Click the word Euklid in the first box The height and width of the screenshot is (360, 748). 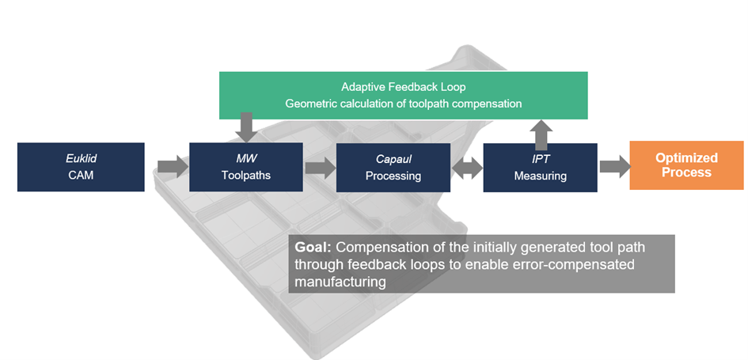coord(81,158)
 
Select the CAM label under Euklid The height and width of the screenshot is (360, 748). coord(81,175)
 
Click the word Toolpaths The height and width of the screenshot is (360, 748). coord(245,175)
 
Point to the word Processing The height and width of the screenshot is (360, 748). coord(393,176)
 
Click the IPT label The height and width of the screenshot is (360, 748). coord(541,159)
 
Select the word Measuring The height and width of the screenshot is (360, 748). coord(541,176)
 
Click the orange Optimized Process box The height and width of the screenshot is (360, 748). coord(686,165)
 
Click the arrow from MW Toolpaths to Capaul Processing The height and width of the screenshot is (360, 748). coord(319,167)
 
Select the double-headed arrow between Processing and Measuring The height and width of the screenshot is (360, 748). coord(467,167)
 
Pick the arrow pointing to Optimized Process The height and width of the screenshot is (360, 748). coord(613,166)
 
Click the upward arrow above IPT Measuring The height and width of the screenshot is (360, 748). coord(541,133)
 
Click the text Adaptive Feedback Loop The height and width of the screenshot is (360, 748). coord(404,87)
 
